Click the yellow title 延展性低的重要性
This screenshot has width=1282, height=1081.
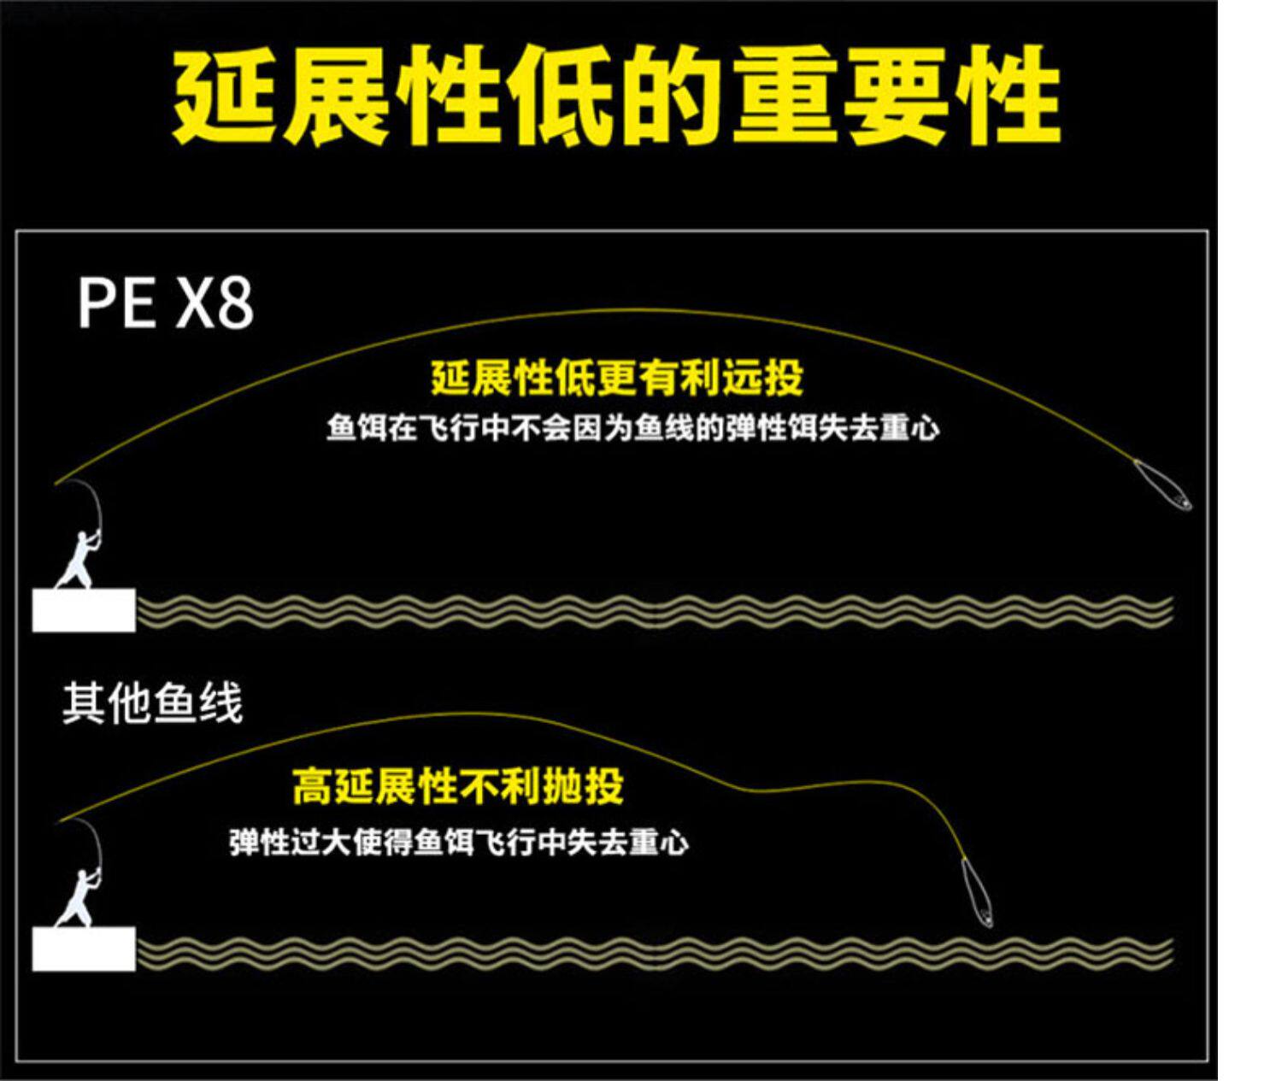pyautogui.click(x=616, y=96)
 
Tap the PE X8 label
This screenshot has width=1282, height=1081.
pyautogui.click(x=165, y=303)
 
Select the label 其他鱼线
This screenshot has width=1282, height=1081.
pyautogui.click(x=152, y=704)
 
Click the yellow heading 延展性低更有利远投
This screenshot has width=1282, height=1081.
pyautogui.click(x=616, y=379)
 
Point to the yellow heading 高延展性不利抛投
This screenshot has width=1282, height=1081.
pyautogui.click(x=458, y=787)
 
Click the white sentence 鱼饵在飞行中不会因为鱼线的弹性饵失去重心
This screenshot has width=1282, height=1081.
pyautogui.click(x=632, y=427)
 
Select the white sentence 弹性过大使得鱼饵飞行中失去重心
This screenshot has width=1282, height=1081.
pyautogui.click(x=458, y=843)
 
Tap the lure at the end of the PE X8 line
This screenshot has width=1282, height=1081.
pyautogui.click(x=1163, y=485)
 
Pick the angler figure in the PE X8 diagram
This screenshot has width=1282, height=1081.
pyautogui.click(x=79, y=560)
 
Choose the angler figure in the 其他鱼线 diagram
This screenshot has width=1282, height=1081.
pyautogui.click(x=79, y=897)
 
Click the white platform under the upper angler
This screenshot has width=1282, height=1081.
pyautogui.click(x=84, y=610)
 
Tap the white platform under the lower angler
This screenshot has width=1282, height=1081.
pyautogui.click(x=84, y=949)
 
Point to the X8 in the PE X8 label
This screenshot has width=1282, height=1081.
pyautogui.click(x=215, y=303)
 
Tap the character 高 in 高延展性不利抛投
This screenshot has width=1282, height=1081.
pyautogui.click(x=312, y=787)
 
